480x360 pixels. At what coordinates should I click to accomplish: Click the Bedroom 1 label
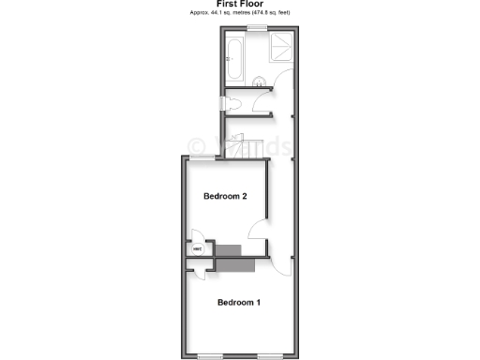click(x=238, y=302)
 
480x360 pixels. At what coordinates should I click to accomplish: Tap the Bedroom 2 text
click(x=225, y=196)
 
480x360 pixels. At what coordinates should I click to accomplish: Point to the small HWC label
click(x=198, y=250)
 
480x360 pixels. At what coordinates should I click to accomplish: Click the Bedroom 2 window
click(x=201, y=156)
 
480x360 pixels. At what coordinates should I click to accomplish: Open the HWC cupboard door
click(x=197, y=236)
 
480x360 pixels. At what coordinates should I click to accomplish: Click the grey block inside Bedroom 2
click(x=229, y=248)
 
